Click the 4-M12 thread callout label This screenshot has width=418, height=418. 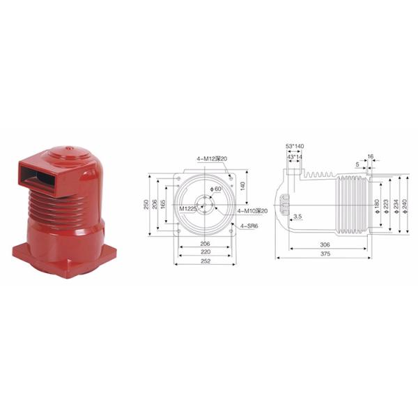tap(206, 159)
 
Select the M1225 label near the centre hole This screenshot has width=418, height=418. tap(187, 208)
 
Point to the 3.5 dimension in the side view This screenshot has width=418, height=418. tap(297, 217)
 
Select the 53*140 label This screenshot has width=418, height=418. tap(295, 146)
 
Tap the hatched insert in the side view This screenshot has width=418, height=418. tap(284, 205)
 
